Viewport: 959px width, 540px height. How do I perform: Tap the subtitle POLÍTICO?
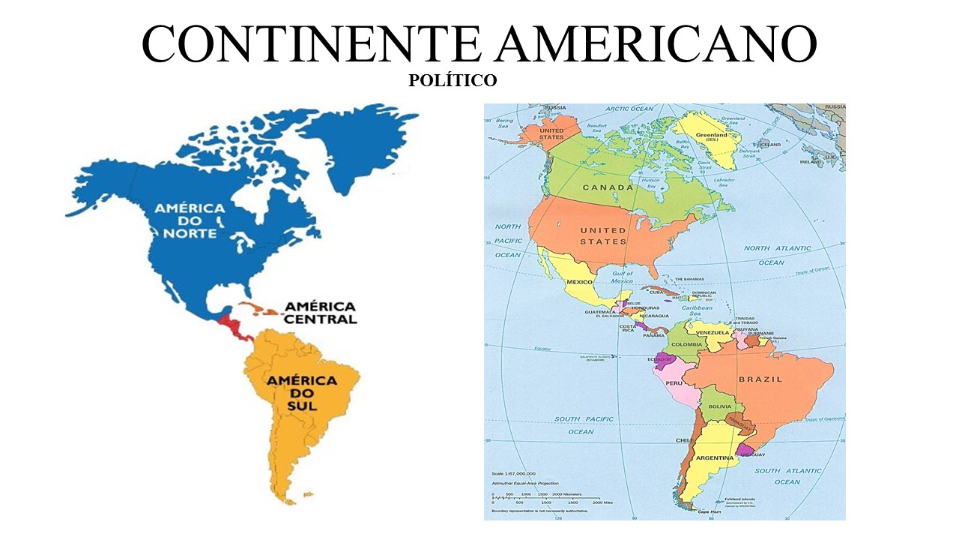pyautogui.click(x=453, y=80)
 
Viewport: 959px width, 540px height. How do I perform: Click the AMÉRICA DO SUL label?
pyautogui.click(x=302, y=393)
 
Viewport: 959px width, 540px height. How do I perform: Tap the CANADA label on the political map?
pyautogui.click(x=608, y=187)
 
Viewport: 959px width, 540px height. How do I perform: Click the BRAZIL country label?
pyautogui.click(x=760, y=379)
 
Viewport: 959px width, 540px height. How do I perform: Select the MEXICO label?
pyautogui.click(x=579, y=282)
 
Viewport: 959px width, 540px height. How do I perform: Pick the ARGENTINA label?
pyautogui.click(x=714, y=457)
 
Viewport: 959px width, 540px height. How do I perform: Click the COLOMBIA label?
pyautogui.click(x=686, y=344)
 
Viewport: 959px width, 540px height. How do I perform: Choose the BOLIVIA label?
pyautogui.click(x=720, y=406)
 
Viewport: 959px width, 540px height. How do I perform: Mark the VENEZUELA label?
pyautogui.click(x=713, y=332)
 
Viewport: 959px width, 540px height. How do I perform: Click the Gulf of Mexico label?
pyautogui.click(x=623, y=277)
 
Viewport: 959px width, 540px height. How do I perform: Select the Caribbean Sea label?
pyautogui.click(x=696, y=310)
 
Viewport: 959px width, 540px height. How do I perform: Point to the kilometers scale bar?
pyautogui.click(x=545, y=498)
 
